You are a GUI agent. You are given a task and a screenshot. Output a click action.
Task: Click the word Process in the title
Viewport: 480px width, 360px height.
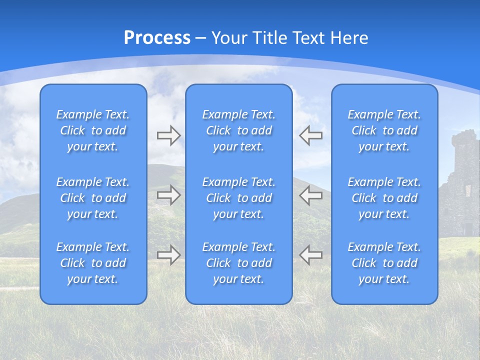click(157, 38)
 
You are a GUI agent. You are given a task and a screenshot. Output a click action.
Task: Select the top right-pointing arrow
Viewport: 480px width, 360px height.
click(168, 135)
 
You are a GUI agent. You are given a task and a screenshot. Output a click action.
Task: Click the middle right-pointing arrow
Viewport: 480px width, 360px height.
click(168, 195)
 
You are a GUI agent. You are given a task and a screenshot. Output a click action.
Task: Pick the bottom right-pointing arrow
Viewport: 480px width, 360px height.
click(168, 254)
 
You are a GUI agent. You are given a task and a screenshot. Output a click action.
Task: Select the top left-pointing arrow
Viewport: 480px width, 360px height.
click(311, 135)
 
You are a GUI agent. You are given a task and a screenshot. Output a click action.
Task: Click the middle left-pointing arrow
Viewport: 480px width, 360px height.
click(311, 195)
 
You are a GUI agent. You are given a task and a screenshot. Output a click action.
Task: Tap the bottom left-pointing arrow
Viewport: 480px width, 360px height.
click(311, 254)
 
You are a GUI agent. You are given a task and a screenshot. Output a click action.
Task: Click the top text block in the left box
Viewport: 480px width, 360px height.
click(93, 130)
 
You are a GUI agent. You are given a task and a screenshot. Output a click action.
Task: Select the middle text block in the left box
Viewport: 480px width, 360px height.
click(93, 198)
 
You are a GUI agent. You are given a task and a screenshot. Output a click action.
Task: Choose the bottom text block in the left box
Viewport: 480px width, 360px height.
click(93, 263)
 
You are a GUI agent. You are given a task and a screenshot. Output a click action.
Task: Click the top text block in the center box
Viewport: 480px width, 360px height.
click(238, 130)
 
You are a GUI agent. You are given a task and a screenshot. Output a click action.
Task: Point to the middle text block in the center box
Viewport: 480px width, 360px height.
click(238, 198)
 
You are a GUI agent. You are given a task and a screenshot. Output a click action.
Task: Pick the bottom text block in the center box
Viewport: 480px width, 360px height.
click(238, 263)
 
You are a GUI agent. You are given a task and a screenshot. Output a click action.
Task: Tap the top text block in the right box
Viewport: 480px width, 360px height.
click(384, 130)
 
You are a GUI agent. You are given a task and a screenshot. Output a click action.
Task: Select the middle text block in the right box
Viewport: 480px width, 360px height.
click(384, 198)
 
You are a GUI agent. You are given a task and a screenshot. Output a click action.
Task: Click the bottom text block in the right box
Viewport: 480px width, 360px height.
click(384, 263)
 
